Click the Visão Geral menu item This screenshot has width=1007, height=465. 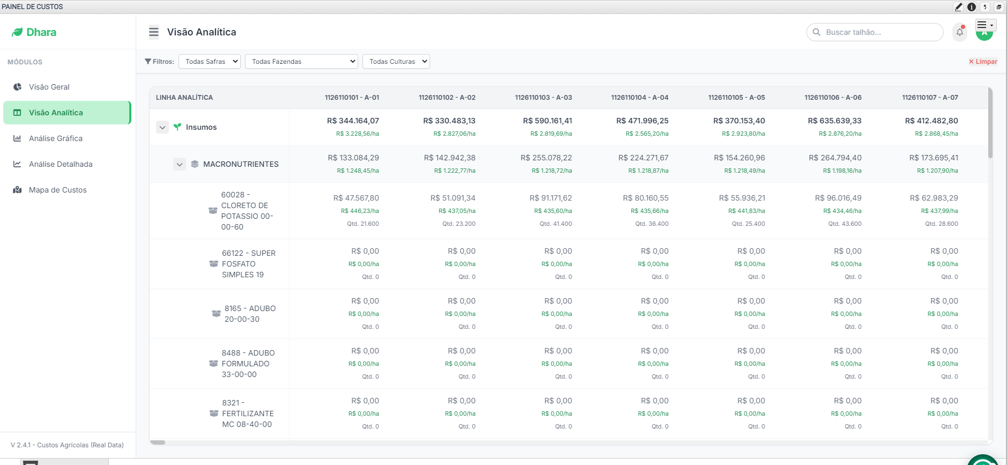coord(49,87)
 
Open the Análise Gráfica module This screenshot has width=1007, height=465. coord(55,138)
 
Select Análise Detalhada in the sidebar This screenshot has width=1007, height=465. coord(60,164)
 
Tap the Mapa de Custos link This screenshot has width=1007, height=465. coord(57,190)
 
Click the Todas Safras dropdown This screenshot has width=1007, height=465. coord(210,62)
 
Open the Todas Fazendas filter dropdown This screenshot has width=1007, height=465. coord(301,62)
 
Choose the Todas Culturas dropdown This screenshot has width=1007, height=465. coord(396,62)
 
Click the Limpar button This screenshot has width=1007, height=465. coord(983,62)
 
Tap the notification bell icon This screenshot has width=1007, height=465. coord(960,32)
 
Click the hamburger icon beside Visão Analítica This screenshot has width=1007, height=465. coord(154,32)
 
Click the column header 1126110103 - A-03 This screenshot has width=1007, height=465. coord(543,98)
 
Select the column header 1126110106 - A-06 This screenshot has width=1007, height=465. coord(833,98)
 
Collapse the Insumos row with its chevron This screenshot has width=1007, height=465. coord(162,127)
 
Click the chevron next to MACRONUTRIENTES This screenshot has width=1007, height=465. coord(180,164)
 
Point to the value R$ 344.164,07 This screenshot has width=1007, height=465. coord(353,121)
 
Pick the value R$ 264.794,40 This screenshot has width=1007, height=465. coord(835,158)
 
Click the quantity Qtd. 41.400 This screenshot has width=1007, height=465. coord(556,224)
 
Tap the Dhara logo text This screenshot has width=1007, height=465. coord(41,32)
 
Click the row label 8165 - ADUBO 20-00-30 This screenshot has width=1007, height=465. coord(250,314)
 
